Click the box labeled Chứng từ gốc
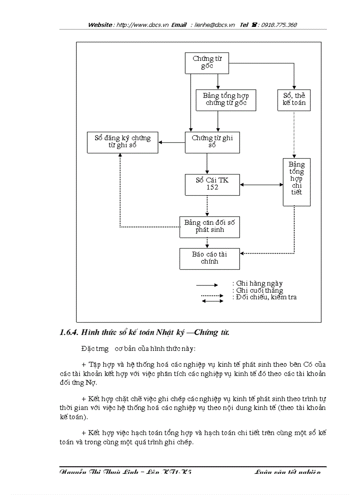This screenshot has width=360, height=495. tap(206, 63)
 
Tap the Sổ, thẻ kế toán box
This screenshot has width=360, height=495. tap(294, 100)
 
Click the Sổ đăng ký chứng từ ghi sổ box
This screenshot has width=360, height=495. tap(122, 142)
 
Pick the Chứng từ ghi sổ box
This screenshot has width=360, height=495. tap(212, 142)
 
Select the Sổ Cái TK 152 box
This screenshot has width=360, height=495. tap(212, 184)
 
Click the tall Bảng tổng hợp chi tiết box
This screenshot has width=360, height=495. tap(296, 182)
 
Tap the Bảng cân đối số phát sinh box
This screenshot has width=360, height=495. tap(210, 226)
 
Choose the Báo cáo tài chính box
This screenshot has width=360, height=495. tap(210, 258)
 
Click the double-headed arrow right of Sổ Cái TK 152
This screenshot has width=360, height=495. tap(261, 185)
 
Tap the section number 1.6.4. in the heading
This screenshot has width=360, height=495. tap(69, 332)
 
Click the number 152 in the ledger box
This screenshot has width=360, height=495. tap(212, 188)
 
